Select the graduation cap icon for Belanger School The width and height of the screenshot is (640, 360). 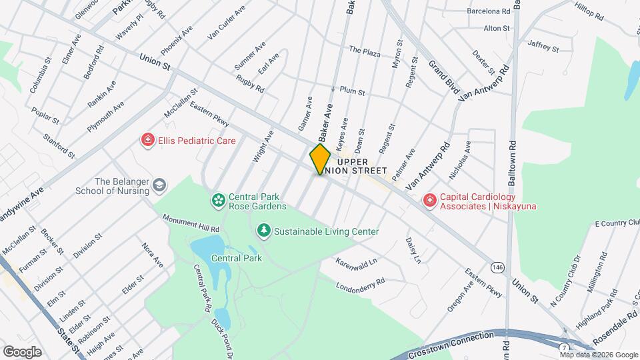tap(159, 185)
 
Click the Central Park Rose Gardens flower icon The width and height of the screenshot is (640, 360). tap(217, 200)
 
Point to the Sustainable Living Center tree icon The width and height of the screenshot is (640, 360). tap(264, 231)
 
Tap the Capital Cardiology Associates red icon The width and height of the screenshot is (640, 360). tap(430, 200)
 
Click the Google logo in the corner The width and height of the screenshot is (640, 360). tap(22, 351)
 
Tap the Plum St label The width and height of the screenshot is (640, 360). tap(352, 91)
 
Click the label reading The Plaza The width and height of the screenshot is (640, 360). tap(364, 51)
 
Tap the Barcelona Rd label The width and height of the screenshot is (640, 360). tap(489, 11)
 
